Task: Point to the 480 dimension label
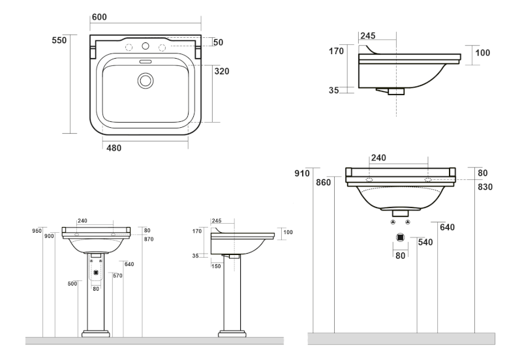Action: coord(114,148)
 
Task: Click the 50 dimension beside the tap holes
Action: coord(218,42)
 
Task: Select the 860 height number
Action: coord(324,183)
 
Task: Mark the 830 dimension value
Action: coord(485,187)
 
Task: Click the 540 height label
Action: coord(425,243)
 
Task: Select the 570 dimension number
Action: coord(118,276)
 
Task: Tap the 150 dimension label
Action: coord(217,265)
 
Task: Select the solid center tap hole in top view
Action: coord(146,47)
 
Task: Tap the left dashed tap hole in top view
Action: coord(129,48)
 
